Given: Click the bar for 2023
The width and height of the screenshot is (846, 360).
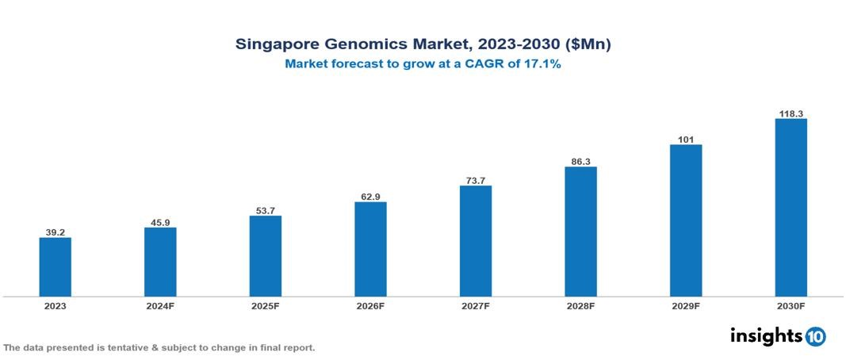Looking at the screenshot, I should tap(56, 267).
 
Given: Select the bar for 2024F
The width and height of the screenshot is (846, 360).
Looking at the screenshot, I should tap(160, 262).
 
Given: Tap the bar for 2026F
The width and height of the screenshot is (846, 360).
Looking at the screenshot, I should tap(370, 249).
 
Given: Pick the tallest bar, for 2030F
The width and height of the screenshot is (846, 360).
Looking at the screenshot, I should tap(790, 208).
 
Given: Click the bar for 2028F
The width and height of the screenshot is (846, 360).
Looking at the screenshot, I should tap(580, 232).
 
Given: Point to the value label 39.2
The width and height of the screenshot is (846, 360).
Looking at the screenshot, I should tap(56, 232).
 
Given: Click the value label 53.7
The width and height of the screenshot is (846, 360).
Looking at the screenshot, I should tap(265, 209).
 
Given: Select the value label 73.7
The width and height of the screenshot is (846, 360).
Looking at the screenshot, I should tap(475, 180).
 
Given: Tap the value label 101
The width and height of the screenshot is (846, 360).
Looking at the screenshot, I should tap(686, 140).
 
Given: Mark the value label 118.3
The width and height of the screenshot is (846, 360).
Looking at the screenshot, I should tap(790, 113).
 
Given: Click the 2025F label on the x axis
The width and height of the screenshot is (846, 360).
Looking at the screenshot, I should tap(265, 305).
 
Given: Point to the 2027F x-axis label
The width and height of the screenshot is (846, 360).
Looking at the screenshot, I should tap(475, 305).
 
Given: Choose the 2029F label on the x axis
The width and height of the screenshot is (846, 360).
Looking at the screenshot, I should tap(686, 305).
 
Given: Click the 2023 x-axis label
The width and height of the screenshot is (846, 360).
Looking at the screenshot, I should tap(56, 305).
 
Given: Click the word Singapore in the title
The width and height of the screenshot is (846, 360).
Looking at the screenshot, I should tap(274, 44).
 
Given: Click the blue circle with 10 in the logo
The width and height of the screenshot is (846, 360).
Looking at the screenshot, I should tap(815, 336).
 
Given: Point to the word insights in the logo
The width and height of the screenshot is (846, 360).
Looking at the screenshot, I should tap(766, 335).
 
